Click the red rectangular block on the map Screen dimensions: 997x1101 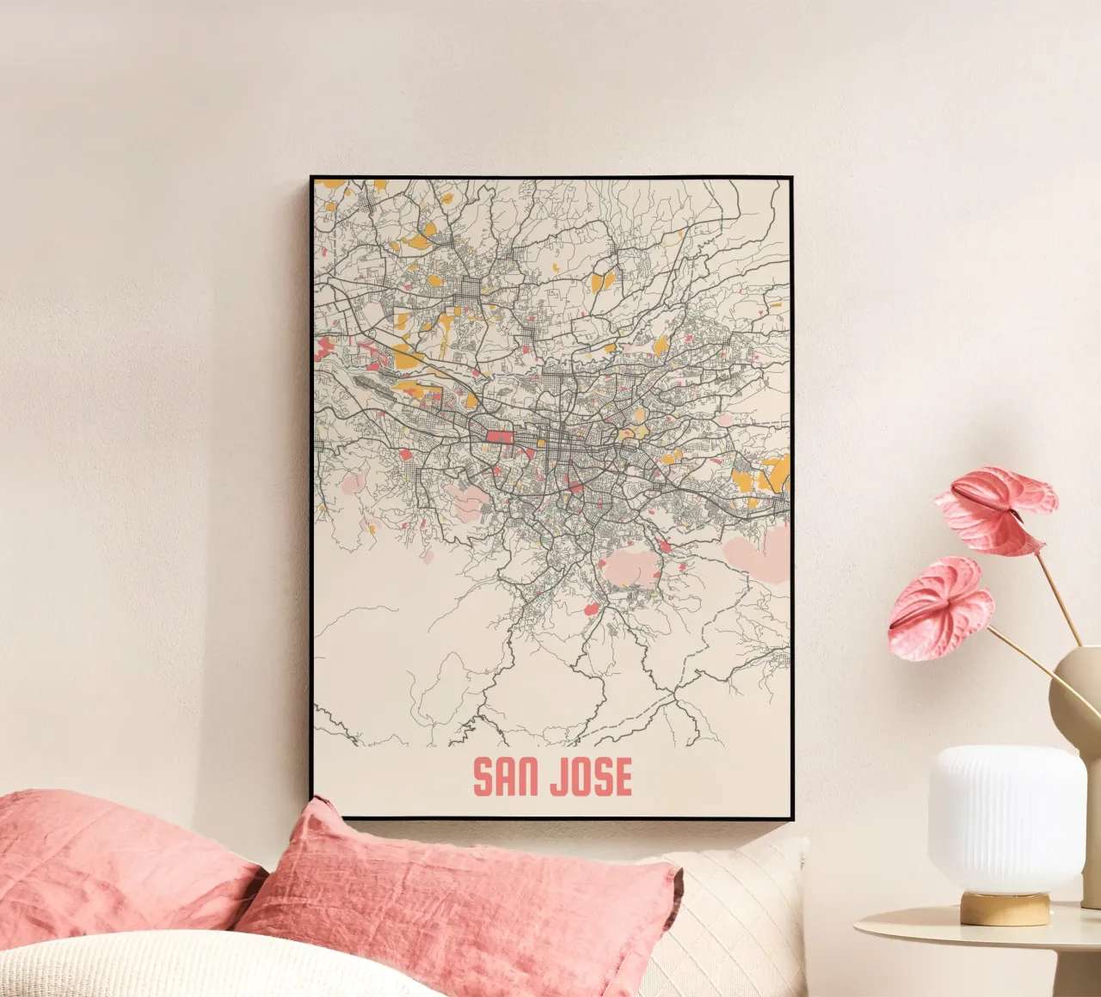pyautogui.click(x=500, y=437)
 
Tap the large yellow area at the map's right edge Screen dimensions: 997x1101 pyautogui.click(x=775, y=471)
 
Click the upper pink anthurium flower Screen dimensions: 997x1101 pyautogui.click(x=998, y=507)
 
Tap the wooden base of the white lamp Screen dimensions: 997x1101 pyautogui.click(x=1005, y=908)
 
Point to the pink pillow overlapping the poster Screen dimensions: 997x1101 pyautogui.click(x=464, y=902)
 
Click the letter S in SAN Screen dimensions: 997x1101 pyautogui.click(x=483, y=777)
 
